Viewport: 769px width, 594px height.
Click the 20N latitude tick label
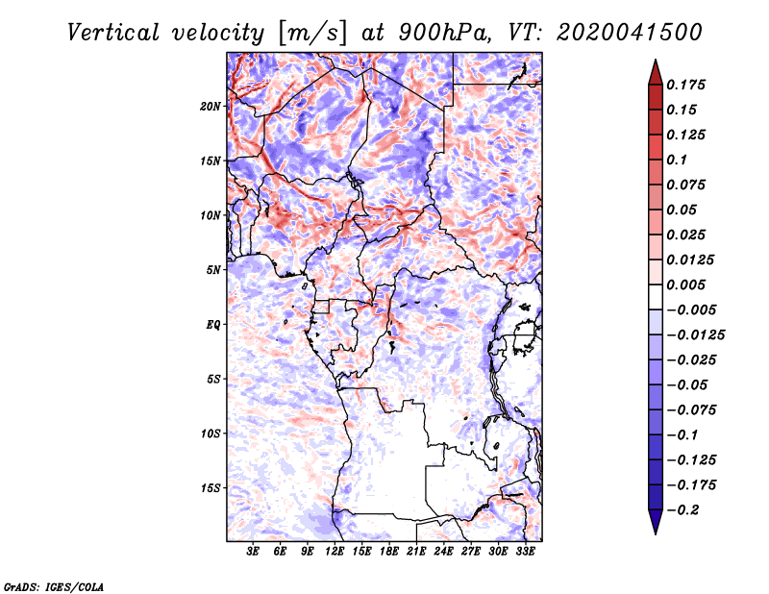(211, 107)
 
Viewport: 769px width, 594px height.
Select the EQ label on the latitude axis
(213, 325)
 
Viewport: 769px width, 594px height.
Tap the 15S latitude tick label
(211, 488)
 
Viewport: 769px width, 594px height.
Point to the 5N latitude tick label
(213, 270)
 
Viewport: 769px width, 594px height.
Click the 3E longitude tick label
(253, 552)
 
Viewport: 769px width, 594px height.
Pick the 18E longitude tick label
(389, 552)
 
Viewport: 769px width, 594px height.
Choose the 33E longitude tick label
(525, 552)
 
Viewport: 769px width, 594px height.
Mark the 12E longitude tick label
(335, 552)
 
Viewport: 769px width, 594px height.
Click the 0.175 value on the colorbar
(685, 85)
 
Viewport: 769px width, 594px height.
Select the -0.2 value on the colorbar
(682, 510)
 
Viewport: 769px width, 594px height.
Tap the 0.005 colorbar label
(685, 285)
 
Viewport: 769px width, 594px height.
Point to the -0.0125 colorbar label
(695, 335)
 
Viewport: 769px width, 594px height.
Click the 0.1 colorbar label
(677, 160)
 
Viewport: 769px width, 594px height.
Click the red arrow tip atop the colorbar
(656, 61)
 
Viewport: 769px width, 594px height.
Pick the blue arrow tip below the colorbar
(656, 532)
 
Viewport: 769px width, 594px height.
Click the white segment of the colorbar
(656, 297)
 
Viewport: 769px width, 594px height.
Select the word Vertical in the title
(113, 33)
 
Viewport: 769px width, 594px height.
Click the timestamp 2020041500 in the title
(630, 33)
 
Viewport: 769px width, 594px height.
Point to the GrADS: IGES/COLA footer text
(54, 586)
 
